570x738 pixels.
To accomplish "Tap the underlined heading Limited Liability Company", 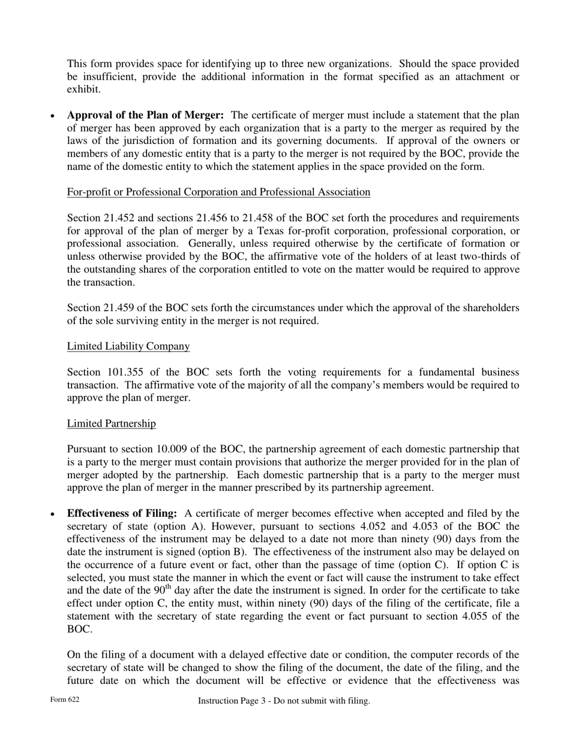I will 128,346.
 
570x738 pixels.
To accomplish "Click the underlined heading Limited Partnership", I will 111,424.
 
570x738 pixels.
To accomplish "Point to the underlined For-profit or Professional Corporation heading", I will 218,192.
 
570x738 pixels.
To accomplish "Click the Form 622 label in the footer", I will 65,700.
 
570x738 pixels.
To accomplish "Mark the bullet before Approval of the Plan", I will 53,116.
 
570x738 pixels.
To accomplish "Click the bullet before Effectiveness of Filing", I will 53,514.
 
